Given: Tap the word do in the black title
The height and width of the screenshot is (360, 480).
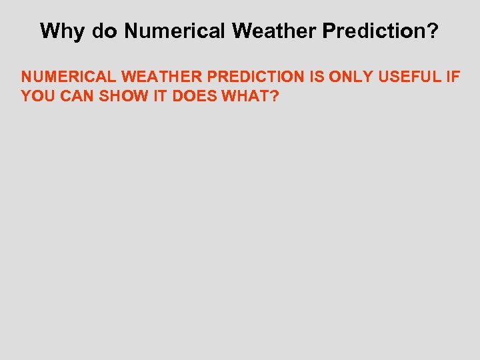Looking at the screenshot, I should tap(103, 31).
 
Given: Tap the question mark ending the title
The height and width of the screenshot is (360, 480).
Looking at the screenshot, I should tap(433, 31).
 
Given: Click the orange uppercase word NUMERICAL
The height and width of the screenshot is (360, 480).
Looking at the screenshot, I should tap(69, 77).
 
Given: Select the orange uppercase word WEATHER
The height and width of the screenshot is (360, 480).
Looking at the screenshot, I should tap(161, 77).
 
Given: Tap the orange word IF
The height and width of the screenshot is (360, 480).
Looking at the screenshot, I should tap(452, 77).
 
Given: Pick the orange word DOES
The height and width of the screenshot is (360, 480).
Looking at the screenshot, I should tap(193, 96).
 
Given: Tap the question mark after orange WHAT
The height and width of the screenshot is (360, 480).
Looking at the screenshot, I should tap(274, 96).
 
